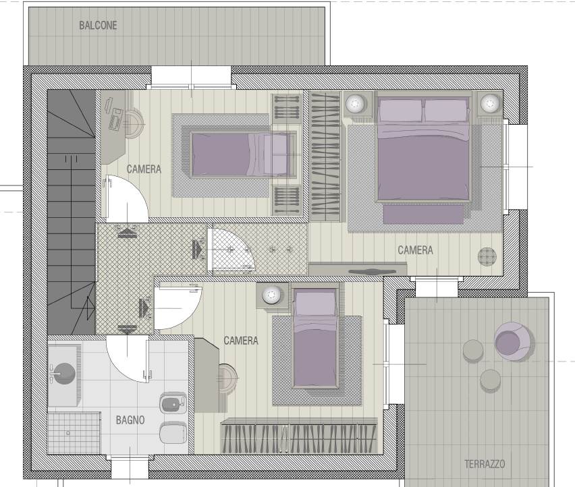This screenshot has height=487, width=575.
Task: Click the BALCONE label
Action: [x=98, y=25]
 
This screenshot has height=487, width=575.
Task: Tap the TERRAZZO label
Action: [x=485, y=464]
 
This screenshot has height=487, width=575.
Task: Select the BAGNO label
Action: [x=130, y=420]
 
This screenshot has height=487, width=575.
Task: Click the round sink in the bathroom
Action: [x=64, y=374]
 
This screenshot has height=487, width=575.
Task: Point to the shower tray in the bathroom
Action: [x=74, y=433]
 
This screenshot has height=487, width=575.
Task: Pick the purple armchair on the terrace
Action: [x=512, y=341]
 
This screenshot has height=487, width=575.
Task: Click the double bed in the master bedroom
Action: [x=423, y=149]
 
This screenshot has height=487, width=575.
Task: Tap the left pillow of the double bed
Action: [x=400, y=110]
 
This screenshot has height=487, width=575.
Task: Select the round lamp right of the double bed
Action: [x=490, y=103]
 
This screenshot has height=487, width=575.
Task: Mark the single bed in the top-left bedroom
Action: [x=244, y=154]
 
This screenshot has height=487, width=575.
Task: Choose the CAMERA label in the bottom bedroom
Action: [x=241, y=341]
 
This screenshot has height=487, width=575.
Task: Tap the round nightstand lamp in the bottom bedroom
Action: [x=271, y=295]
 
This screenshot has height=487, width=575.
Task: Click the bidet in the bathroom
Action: [x=173, y=403]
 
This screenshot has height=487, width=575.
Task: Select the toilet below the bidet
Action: [x=173, y=432]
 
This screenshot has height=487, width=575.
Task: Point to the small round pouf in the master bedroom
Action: [x=487, y=256]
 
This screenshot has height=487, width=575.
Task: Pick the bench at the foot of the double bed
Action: [x=424, y=214]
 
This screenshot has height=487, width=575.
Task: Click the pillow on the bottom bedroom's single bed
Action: [x=314, y=304]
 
